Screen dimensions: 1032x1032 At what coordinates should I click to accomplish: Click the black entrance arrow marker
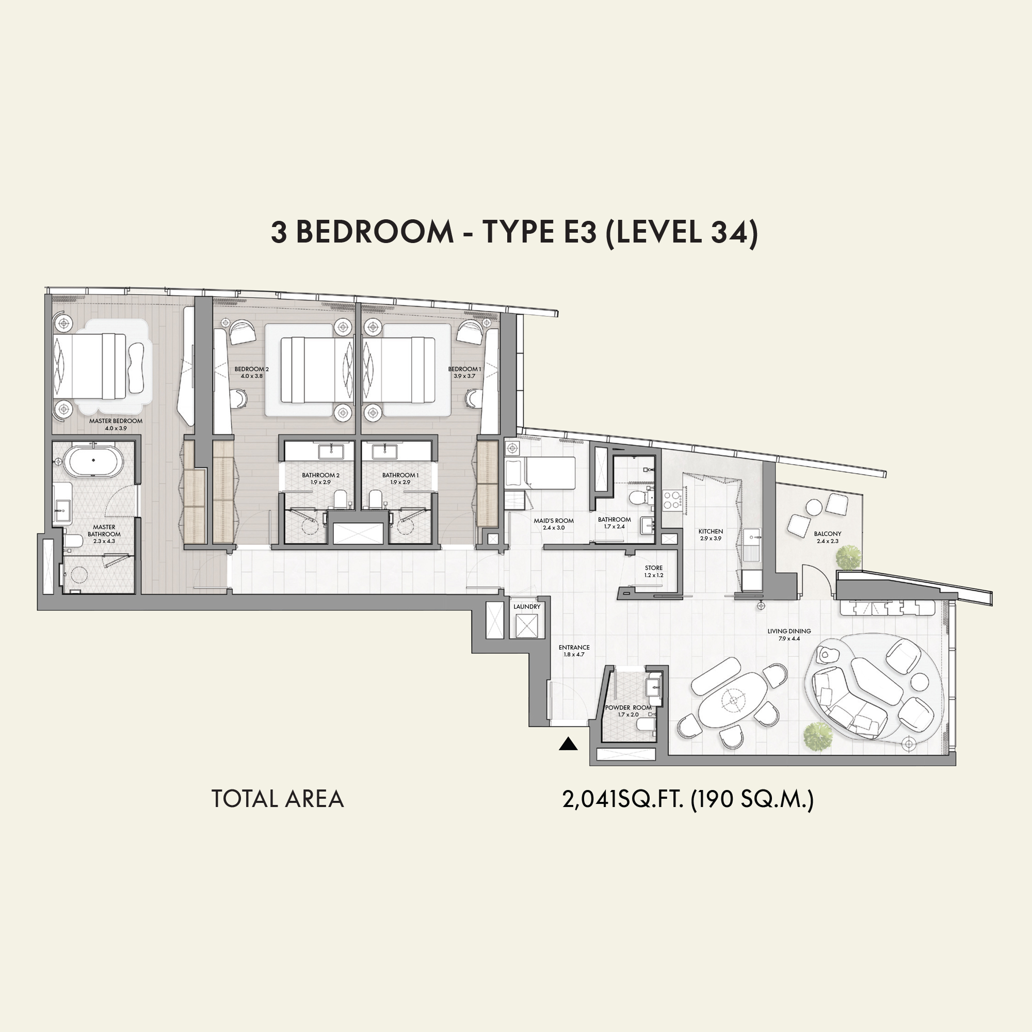(x=568, y=744)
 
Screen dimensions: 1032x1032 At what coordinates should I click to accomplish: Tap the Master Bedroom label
(x=116, y=421)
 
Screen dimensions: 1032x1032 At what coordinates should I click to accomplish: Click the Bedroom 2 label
(x=252, y=369)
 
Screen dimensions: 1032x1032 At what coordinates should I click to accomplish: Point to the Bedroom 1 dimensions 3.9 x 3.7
(x=464, y=376)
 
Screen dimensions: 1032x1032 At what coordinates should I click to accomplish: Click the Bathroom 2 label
(x=320, y=475)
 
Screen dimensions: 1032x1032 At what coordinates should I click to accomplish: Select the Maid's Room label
(x=554, y=521)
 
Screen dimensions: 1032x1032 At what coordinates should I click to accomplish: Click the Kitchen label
(x=711, y=531)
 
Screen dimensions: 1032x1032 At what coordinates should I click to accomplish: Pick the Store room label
(x=654, y=568)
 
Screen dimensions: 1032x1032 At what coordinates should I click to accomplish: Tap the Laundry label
(x=527, y=607)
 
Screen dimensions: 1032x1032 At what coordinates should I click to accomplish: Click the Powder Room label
(x=628, y=708)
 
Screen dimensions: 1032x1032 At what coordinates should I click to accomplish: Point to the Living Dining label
(x=789, y=631)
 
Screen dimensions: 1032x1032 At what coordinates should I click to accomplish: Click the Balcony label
(x=828, y=534)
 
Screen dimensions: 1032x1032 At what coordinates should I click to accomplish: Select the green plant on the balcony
(x=848, y=557)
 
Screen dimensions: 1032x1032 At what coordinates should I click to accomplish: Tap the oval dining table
(x=733, y=699)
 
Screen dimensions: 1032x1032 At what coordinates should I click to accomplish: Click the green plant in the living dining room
(x=818, y=737)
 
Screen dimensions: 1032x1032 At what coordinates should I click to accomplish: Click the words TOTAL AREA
(x=278, y=799)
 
